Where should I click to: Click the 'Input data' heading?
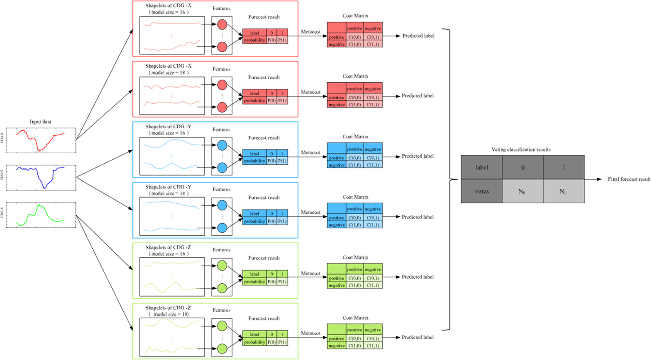coord(40,122)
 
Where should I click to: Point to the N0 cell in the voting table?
coord(522,192)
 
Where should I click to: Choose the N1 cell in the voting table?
coord(563,192)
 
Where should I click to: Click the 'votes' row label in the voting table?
coord(482,192)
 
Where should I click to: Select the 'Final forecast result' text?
coord(629,179)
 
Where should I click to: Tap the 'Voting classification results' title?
coord(521,150)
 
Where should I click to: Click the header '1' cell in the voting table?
coord(564,168)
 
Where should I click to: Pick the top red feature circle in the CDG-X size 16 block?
coord(222,24)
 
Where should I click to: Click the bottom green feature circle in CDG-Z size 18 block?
coord(222,349)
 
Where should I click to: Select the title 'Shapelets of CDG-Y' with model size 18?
coord(168,187)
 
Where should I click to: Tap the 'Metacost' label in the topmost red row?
coord(311,32)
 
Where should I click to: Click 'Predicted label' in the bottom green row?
coord(417,337)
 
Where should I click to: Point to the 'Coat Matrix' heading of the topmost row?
coord(355,16)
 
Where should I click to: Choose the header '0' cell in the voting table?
coord(523,168)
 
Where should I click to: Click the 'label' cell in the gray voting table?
coord(482,168)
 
